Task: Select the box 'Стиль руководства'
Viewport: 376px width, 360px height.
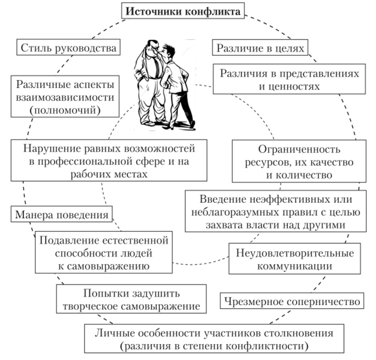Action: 68,48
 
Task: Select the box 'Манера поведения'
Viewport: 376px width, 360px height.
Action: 61,214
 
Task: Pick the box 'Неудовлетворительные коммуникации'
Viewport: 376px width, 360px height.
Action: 294,259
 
